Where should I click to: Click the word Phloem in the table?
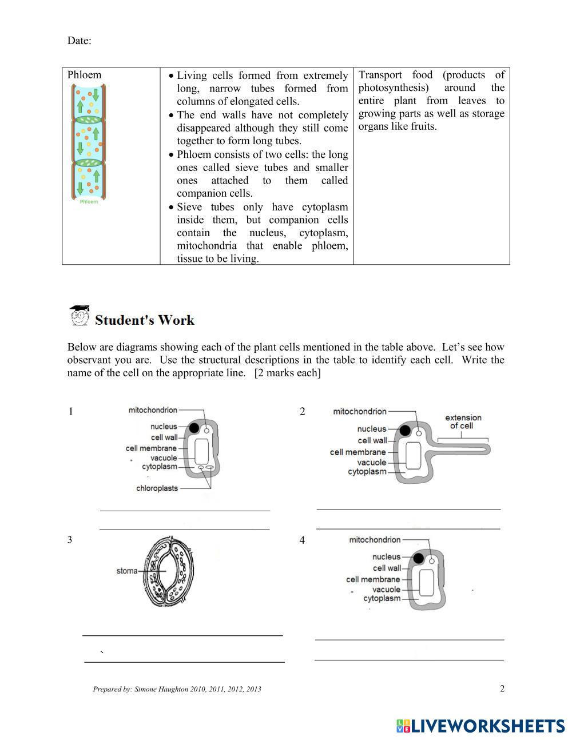coord(84,75)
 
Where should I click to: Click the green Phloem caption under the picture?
coord(89,202)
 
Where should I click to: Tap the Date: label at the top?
coord(79,41)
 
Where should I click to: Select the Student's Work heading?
coord(145,320)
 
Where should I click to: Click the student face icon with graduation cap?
coord(79,316)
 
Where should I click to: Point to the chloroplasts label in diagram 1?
coord(157,488)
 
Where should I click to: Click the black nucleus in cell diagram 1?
coord(194,427)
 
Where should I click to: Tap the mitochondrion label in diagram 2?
coord(360,411)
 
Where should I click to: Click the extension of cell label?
coord(463,421)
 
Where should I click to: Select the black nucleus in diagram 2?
coord(406,431)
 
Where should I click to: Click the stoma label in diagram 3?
coord(126,571)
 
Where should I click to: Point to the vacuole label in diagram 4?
coord(386,589)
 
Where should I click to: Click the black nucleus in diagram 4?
coord(419,558)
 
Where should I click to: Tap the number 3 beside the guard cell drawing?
coord(70,539)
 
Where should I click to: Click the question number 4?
coord(303,540)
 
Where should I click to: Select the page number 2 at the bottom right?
coord(502,689)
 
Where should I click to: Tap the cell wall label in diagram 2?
coord(372,440)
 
